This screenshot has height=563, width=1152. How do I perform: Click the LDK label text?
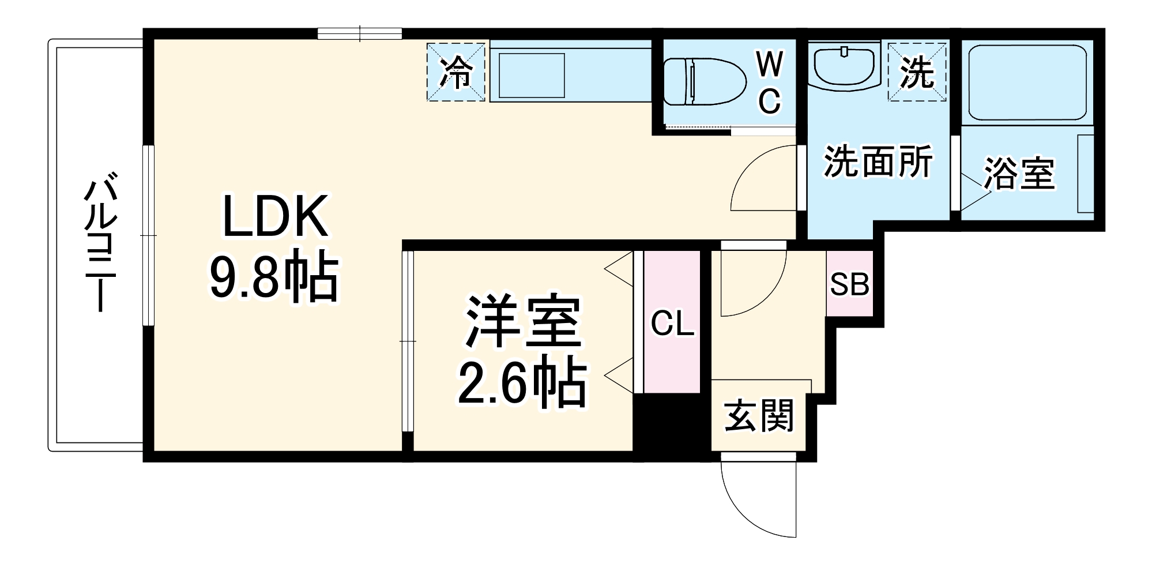click(x=276, y=216)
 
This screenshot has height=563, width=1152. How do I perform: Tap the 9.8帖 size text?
click(x=273, y=276)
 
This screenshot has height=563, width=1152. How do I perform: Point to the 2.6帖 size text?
click(x=522, y=383)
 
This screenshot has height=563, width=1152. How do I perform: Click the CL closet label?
click(x=672, y=324)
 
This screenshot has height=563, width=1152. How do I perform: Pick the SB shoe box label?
click(x=849, y=284)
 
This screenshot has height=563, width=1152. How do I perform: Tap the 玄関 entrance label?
click(x=759, y=416)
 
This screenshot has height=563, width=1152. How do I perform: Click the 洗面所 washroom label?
click(x=878, y=163)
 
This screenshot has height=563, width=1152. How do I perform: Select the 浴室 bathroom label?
click(x=1019, y=173)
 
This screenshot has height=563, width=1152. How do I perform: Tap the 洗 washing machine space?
click(x=917, y=72)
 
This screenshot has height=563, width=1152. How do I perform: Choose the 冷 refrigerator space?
click(x=456, y=72)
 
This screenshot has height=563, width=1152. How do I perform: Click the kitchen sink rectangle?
click(x=531, y=76)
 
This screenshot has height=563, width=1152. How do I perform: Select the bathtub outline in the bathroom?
click(x=1027, y=82)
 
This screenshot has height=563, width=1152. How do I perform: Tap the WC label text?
click(x=769, y=82)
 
